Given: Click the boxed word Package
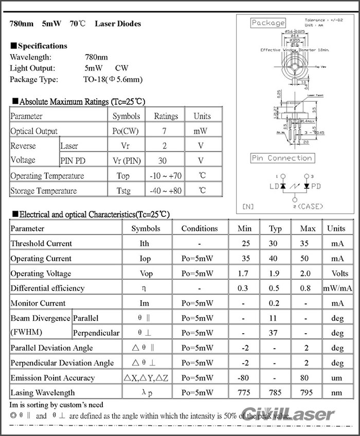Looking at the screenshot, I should click(x=268, y=23).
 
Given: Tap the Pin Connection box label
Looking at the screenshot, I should click(x=282, y=158).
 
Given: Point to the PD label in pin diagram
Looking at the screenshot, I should click(x=316, y=186).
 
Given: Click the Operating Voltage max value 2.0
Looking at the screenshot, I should click(x=308, y=273).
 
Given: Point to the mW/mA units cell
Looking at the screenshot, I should click(x=337, y=288).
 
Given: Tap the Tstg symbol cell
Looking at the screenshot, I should click(x=123, y=191).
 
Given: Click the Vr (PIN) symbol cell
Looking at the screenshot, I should click(x=126, y=161).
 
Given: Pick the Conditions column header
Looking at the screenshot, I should click(x=200, y=228).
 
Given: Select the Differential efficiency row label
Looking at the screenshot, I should click(x=47, y=288).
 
